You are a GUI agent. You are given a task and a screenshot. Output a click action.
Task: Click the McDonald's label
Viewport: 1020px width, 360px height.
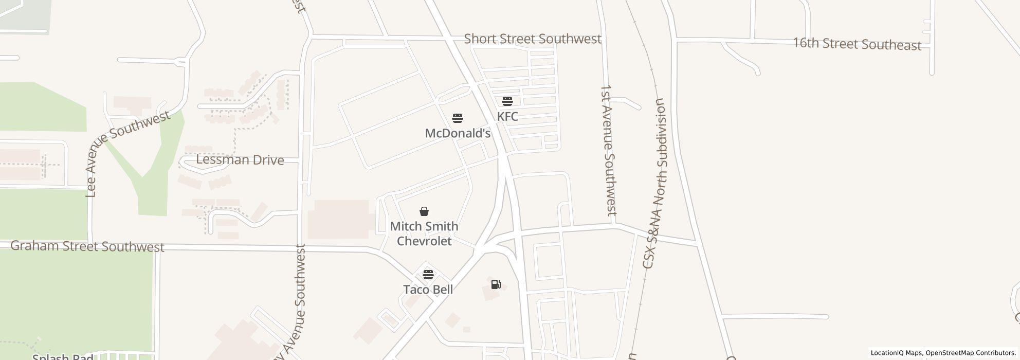(x=458, y=133)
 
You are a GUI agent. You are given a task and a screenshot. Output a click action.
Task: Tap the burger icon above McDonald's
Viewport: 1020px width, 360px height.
(x=458, y=118)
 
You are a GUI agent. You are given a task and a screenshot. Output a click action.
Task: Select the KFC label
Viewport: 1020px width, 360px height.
(x=507, y=116)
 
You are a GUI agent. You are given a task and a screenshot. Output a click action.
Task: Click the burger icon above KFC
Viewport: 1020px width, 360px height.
(x=507, y=101)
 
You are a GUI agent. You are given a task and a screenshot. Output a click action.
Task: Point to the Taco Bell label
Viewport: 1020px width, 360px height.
(x=428, y=290)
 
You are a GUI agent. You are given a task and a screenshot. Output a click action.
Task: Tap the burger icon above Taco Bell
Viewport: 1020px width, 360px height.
(x=428, y=274)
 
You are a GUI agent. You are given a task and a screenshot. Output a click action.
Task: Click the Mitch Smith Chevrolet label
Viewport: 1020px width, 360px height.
(x=424, y=233)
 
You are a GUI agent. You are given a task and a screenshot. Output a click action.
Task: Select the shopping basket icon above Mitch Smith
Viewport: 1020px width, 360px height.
(x=424, y=211)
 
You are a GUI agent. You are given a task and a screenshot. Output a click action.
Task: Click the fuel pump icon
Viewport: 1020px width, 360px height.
(x=496, y=284)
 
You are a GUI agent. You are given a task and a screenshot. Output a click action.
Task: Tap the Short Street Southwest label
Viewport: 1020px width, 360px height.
(x=533, y=39)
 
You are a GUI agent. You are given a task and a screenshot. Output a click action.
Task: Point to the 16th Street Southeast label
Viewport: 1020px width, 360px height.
(x=857, y=44)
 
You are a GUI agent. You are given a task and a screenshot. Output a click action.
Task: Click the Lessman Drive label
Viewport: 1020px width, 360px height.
(x=240, y=160)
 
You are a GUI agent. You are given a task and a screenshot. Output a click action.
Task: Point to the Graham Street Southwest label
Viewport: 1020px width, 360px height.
(x=87, y=246)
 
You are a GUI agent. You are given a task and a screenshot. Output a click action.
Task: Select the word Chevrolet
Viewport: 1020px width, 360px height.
(x=424, y=241)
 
